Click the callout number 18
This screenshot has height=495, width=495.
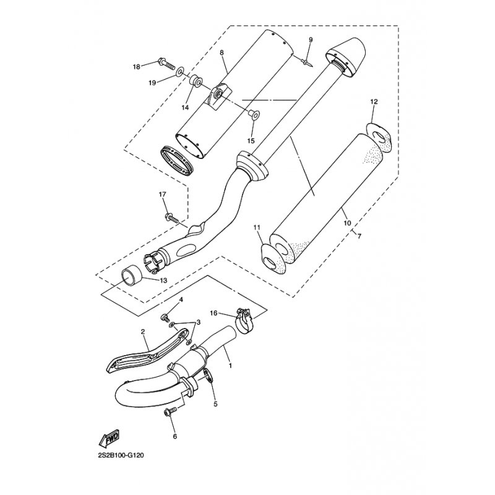137,66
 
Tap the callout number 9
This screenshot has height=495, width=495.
311,40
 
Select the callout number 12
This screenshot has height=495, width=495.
374,101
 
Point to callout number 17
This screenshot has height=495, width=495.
163,195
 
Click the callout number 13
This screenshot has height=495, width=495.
163,280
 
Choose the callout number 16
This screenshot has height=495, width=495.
213,314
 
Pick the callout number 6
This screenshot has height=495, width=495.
174,436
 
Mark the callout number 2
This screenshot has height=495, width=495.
144,332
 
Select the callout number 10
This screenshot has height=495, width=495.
346,223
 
